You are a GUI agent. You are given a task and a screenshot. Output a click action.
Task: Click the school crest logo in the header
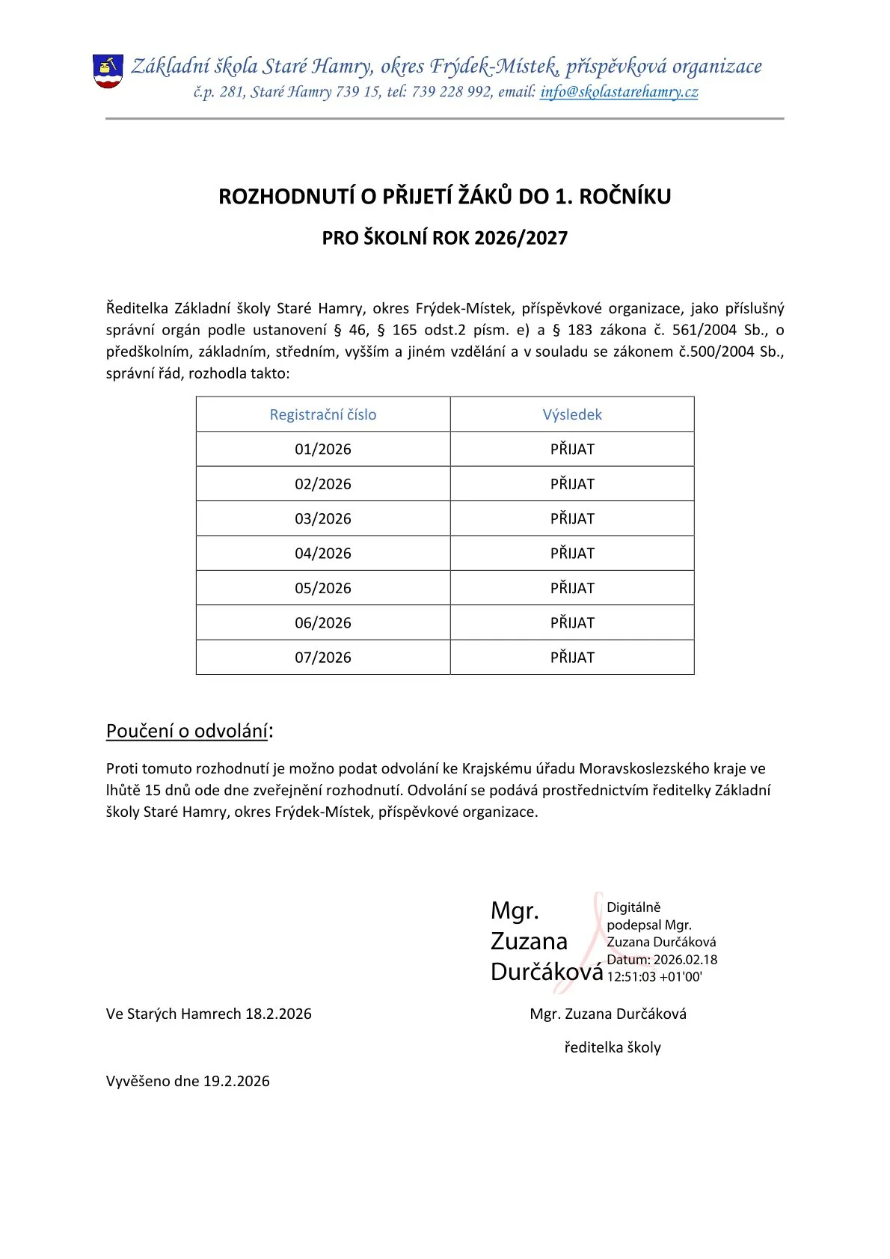tap(108, 71)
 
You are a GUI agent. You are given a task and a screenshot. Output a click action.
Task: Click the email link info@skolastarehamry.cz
tap(619, 92)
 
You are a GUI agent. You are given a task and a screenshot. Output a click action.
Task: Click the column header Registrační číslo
tap(323, 414)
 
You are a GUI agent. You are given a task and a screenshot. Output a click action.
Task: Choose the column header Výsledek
tap(572, 414)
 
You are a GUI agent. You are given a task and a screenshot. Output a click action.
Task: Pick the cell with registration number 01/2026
tap(323, 449)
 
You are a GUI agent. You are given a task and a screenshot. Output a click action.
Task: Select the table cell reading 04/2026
tap(323, 553)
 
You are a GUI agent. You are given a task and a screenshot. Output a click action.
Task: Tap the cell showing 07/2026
tap(323, 657)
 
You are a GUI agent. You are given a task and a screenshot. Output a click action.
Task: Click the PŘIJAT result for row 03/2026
tap(572, 518)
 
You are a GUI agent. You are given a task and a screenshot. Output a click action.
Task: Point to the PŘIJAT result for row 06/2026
tap(572, 622)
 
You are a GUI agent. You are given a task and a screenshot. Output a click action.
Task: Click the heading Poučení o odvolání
tap(187, 731)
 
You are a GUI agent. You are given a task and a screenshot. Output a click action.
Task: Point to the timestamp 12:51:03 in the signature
tap(631, 976)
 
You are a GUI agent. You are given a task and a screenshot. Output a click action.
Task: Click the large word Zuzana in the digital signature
tap(529, 941)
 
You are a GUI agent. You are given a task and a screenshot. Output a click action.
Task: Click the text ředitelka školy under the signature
tap(613, 1047)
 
